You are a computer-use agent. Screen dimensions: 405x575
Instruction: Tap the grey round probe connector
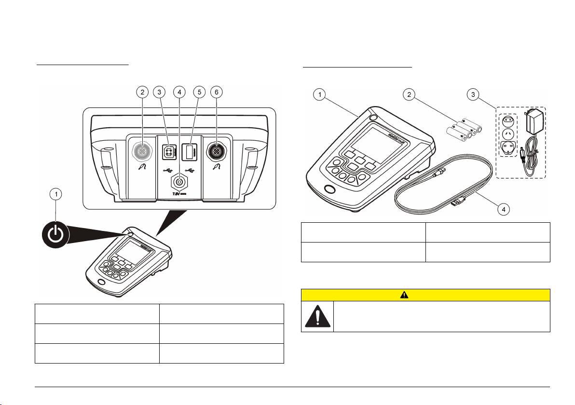pyautogui.click(x=142, y=152)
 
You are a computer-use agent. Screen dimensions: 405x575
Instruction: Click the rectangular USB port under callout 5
pyautogui.click(x=189, y=152)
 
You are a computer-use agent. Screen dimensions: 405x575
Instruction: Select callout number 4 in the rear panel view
pyautogui.click(x=179, y=92)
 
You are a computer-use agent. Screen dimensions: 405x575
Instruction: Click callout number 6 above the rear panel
pyautogui.click(x=216, y=92)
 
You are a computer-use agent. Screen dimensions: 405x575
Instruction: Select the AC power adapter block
pyautogui.click(x=538, y=124)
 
